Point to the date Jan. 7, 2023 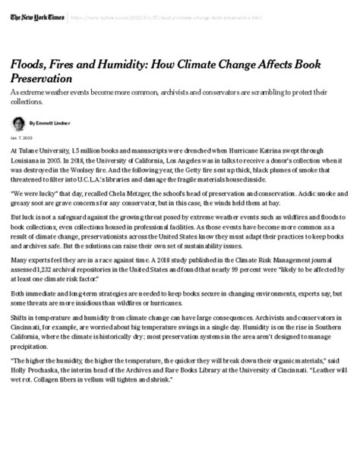point(21,138)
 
